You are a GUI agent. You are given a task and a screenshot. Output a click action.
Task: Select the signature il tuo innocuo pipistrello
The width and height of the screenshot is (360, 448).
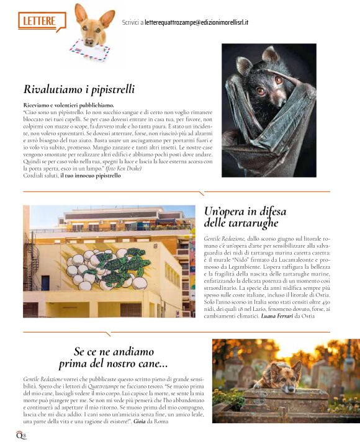click(x=90, y=176)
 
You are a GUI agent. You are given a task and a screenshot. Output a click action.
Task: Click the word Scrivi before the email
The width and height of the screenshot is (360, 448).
click(x=130, y=22)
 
